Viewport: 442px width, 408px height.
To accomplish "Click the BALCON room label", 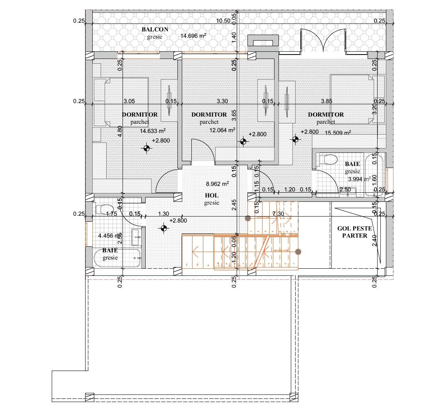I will (x=155, y=29).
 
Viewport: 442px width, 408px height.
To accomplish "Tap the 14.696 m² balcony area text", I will (x=193, y=36).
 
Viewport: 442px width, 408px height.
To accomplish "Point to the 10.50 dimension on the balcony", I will (x=223, y=21).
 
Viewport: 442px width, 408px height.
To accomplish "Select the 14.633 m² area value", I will (x=153, y=131).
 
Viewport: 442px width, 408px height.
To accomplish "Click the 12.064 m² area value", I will (x=222, y=130).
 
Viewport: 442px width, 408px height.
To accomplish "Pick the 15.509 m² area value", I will (x=338, y=133).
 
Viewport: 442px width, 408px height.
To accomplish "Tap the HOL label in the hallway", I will (x=212, y=195).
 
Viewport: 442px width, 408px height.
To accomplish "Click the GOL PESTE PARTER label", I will (x=354, y=232).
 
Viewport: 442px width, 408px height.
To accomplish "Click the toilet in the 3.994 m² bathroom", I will (x=329, y=160).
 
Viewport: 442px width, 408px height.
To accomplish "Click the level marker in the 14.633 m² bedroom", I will (x=147, y=148).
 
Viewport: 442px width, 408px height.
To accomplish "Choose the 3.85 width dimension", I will (x=326, y=102).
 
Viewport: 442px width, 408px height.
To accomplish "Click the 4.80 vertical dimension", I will (x=119, y=131).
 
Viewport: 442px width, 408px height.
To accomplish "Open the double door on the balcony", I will (x=323, y=41).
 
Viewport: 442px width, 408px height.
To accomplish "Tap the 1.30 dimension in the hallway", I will (x=164, y=214).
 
